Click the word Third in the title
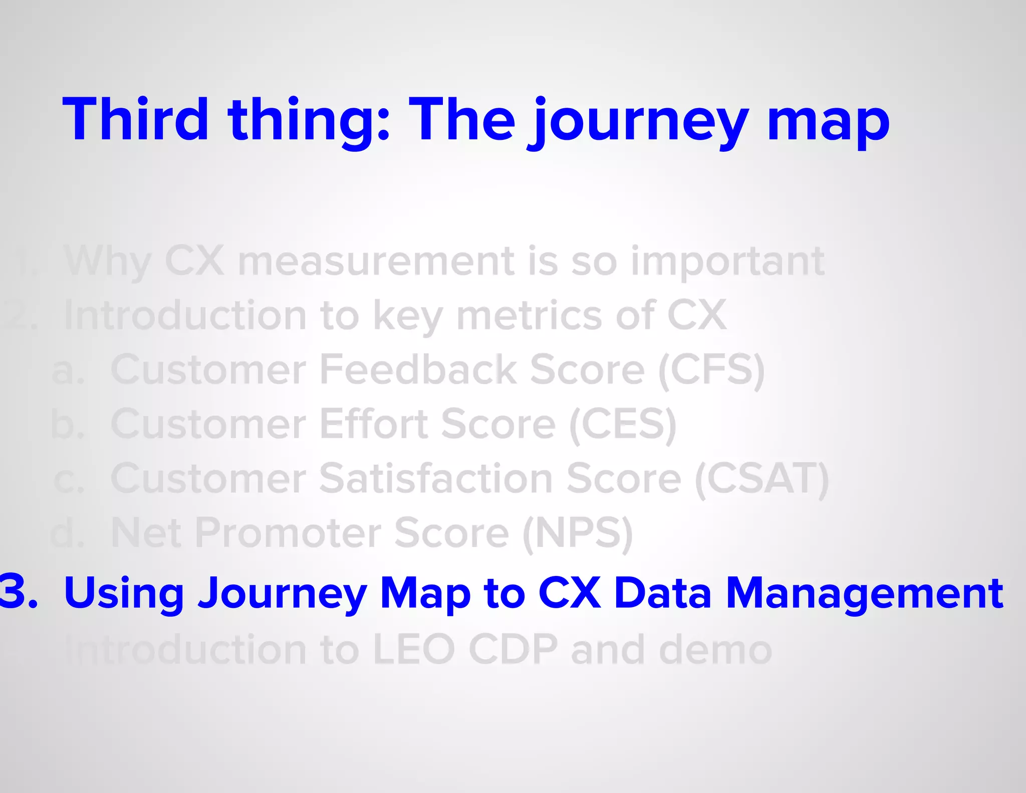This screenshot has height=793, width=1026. coord(135,120)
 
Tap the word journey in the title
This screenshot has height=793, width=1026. coord(639,123)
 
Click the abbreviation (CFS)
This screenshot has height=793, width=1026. coord(711,371)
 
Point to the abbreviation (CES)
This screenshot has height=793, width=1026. coord(623,425)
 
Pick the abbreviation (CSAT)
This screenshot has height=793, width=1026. coord(761,480)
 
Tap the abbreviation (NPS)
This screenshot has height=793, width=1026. coord(578,534)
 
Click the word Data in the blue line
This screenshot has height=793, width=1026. coord(662,593)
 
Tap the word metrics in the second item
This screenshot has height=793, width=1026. coord(530,316)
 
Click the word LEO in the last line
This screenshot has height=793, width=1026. coord(414,650)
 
